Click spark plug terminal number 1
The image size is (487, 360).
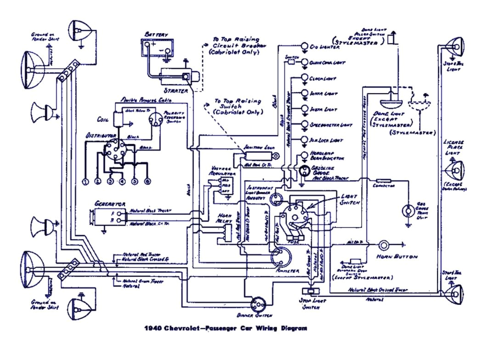[x=85, y=182]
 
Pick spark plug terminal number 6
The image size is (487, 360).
[x=147, y=182]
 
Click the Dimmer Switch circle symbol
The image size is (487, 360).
[x=257, y=304]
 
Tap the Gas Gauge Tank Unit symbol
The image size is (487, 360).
[x=407, y=211]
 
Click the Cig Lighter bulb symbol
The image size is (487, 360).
[x=304, y=46]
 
